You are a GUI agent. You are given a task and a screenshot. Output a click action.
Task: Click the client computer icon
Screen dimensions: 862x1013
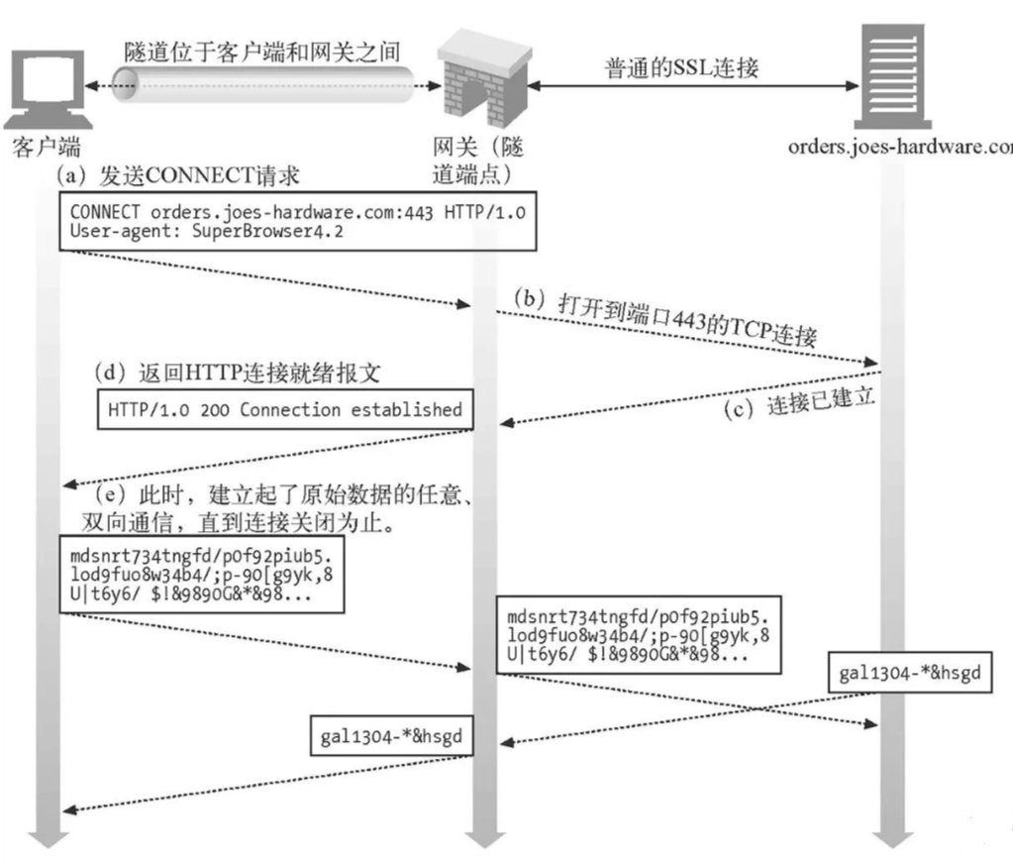46,89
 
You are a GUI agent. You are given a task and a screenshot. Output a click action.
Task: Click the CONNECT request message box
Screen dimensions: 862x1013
298,221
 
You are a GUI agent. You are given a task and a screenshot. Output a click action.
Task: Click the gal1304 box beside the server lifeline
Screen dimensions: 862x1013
910,675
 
